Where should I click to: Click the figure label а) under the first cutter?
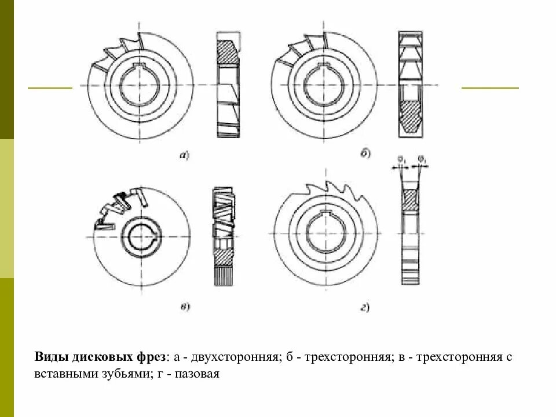185,154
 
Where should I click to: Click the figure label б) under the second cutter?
365,154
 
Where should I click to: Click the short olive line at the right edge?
490,88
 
